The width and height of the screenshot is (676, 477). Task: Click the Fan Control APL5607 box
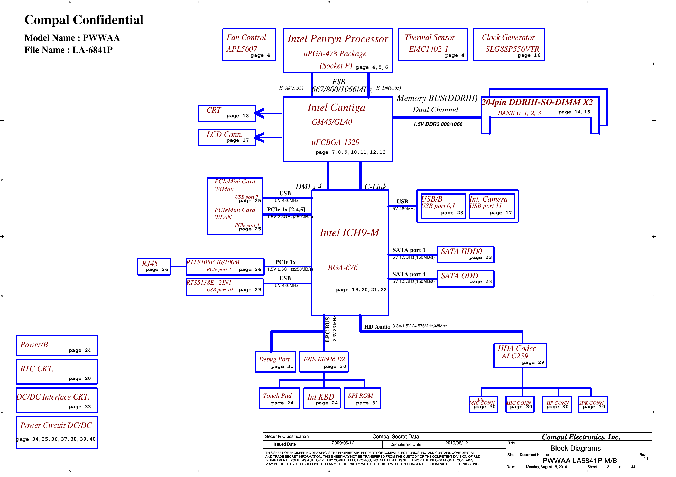pos(249,45)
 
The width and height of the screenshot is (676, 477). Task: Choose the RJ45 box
pos(154,267)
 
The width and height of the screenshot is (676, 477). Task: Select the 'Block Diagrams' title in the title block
pos(575,448)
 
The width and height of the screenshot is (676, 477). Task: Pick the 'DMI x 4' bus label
pos(308,187)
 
